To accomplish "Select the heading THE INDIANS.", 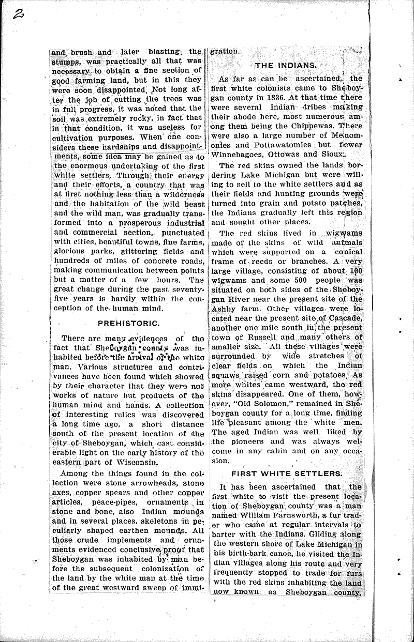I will click(x=286, y=65).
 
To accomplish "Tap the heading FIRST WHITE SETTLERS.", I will click(x=286, y=473).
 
